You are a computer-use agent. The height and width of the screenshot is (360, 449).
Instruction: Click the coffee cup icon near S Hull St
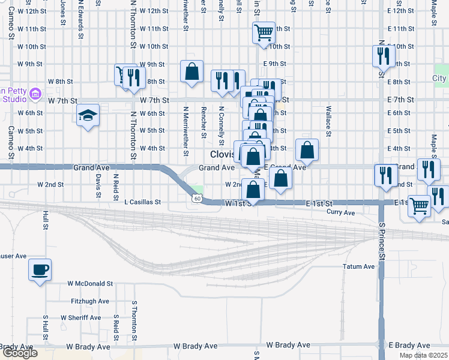click(40, 269)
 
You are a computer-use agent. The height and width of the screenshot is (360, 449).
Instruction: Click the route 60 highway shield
click(197, 199)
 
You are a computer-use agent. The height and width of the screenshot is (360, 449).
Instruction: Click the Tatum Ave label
click(358, 266)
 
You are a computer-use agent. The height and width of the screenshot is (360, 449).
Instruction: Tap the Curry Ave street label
click(341, 212)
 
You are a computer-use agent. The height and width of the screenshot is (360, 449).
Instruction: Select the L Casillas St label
click(143, 203)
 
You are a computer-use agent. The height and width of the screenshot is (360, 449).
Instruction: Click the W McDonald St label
click(90, 283)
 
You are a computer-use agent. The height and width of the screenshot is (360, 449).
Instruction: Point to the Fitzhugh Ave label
click(90, 301)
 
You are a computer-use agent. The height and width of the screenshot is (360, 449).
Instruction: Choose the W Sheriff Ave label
click(84, 317)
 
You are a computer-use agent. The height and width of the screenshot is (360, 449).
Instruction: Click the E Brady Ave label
click(409, 346)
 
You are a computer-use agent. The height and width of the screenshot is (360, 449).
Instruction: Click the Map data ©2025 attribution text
click(423, 355)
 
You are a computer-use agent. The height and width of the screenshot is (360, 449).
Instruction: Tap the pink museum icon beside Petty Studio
click(35, 93)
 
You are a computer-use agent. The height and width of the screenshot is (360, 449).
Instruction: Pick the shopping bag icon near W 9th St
click(191, 72)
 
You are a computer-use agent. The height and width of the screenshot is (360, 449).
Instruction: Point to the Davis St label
click(97, 185)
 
